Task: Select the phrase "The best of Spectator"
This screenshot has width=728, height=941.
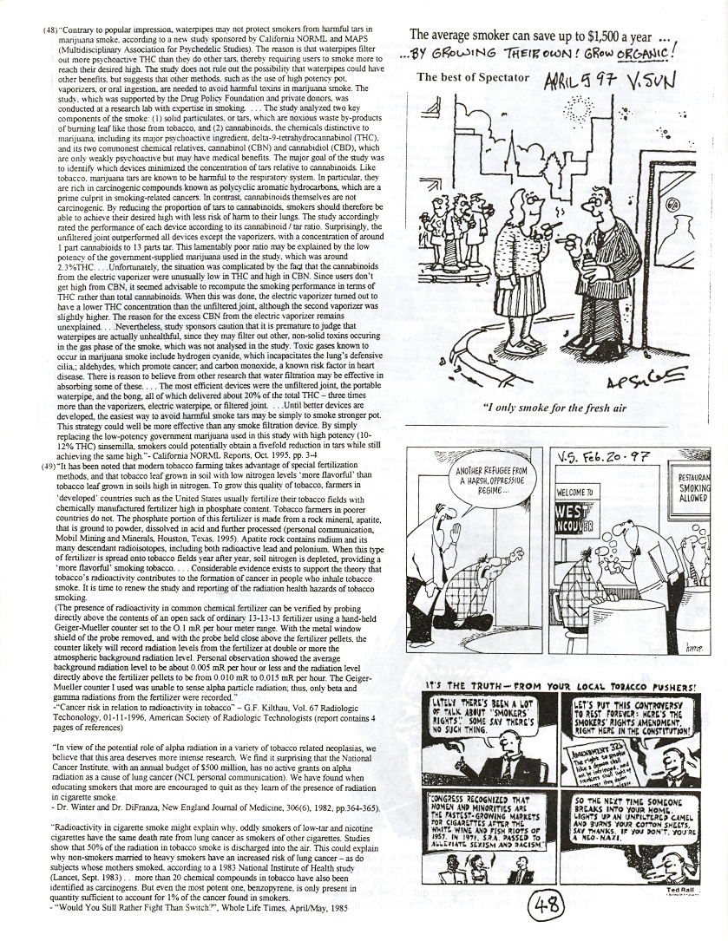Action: [x=472, y=77]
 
